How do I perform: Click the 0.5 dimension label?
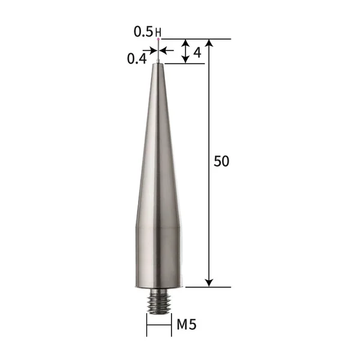pos(143,32)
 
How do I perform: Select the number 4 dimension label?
pos(197,52)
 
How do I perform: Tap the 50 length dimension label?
pos(221,161)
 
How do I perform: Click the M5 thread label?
pos(187,325)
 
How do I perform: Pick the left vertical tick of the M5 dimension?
pos(147,325)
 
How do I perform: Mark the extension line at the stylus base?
pos(207,287)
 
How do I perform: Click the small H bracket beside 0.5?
pos(158,32)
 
